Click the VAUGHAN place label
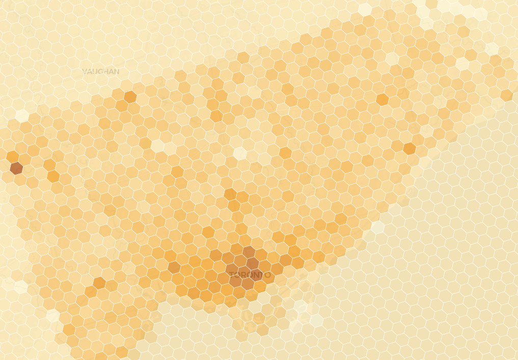click(x=100, y=72)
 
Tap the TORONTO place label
click(x=250, y=275)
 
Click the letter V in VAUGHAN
click(x=85, y=72)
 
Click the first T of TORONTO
click(x=232, y=275)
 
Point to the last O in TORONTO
click(x=267, y=275)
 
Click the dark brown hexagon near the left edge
click(x=16, y=168)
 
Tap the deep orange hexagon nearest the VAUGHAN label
click(x=130, y=97)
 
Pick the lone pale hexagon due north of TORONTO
click(x=240, y=153)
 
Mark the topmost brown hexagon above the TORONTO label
click(x=249, y=252)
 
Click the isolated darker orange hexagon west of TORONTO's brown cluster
click(x=174, y=267)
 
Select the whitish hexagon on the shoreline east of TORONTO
click(x=377, y=227)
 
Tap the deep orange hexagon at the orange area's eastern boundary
click(x=410, y=148)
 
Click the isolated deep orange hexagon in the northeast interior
click(x=382, y=99)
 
